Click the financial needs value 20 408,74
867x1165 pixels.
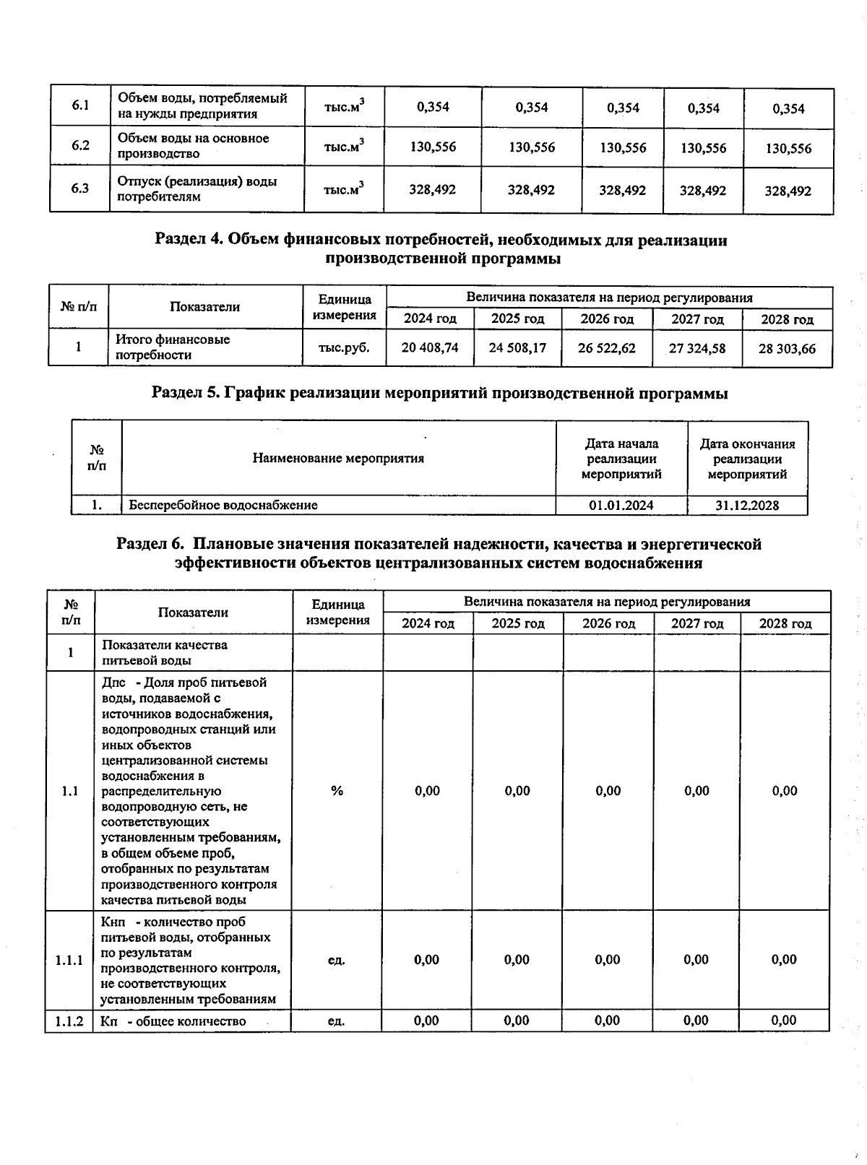tap(430, 347)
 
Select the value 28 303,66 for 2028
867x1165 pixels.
tap(787, 349)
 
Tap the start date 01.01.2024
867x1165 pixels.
tap(621, 506)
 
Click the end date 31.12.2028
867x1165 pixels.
tap(747, 506)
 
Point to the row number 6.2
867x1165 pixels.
tap(80, 145)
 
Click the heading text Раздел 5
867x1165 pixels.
tap(184, 393)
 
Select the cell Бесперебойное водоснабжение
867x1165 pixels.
tap(223, 505)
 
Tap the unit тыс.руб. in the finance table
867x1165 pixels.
tap(344, 347)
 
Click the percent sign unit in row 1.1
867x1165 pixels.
tap(337, 791)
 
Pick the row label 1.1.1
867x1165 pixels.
tap(69, 961)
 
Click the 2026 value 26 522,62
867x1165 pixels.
tap(607, 348)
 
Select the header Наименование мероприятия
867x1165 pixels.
tap(338, 458)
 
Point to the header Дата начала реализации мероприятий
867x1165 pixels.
tap(621, 459)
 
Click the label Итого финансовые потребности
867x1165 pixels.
tap(173, 347)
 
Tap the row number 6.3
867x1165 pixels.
tap(80, 189)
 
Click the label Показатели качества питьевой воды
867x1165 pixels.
tap(165, 652)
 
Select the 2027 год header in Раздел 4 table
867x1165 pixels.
tap(697, 319)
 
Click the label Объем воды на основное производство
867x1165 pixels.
tap(194, 145)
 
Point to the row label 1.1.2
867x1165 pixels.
tap(69, 1021)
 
